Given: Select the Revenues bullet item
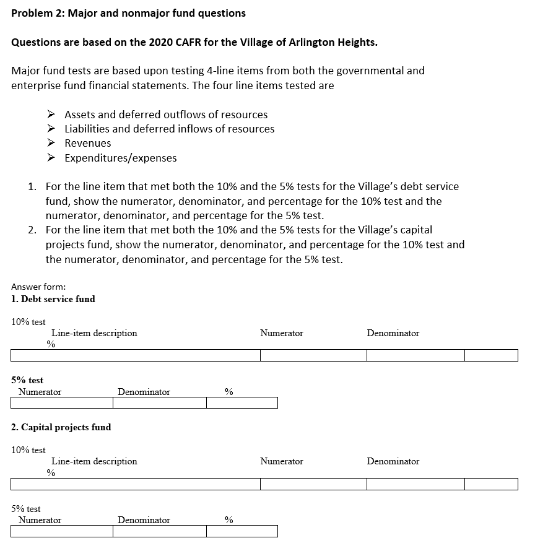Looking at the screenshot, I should pos(88,143).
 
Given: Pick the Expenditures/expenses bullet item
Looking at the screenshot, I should pos(121,158).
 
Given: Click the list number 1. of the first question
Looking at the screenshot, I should pos(32,186).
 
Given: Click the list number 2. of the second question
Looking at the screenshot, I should pos(32,230).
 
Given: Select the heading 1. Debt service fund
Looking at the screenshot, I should pos(53,299).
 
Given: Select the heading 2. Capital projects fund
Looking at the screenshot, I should pos(61,427).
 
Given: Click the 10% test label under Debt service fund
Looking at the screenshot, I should pos(28,322).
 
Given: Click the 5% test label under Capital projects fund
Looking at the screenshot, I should pos(26,509).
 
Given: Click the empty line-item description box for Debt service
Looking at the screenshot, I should pos(135,355).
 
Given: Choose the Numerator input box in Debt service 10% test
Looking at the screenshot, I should pos(313,355).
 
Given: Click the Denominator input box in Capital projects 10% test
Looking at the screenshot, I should pos(415,484).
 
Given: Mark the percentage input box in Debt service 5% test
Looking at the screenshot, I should pos(241,403).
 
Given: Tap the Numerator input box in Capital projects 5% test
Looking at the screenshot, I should pos(61,531).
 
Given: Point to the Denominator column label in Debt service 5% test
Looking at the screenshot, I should pos(144,392).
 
